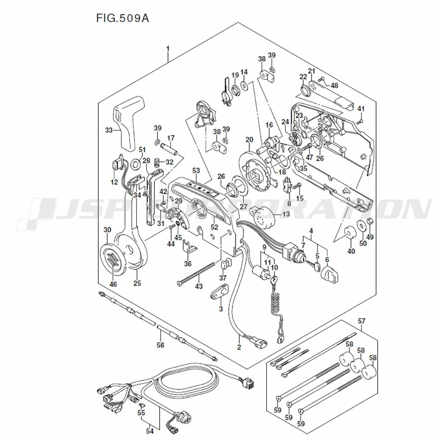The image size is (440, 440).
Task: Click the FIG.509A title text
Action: pyautogui.click(x=125, y=19)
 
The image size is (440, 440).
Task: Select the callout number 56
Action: pyautogui.click(x=160, y=345)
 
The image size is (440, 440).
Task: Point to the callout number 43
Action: pyautogui.click(x=199, y=287)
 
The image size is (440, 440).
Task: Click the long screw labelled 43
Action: pyautogui.click(x=196, y=273)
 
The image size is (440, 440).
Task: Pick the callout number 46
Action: pyautogui.click(x=114, y=284)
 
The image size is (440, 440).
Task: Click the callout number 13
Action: pyautogui.click(x=286, y=214)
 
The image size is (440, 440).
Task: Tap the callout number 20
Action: pyautogui.click(x=249, y=140)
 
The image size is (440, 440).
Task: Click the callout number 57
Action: pyautogui.click(x=361, y=322)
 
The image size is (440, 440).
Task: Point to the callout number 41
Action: pyautogui.click(x=361, y=109)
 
